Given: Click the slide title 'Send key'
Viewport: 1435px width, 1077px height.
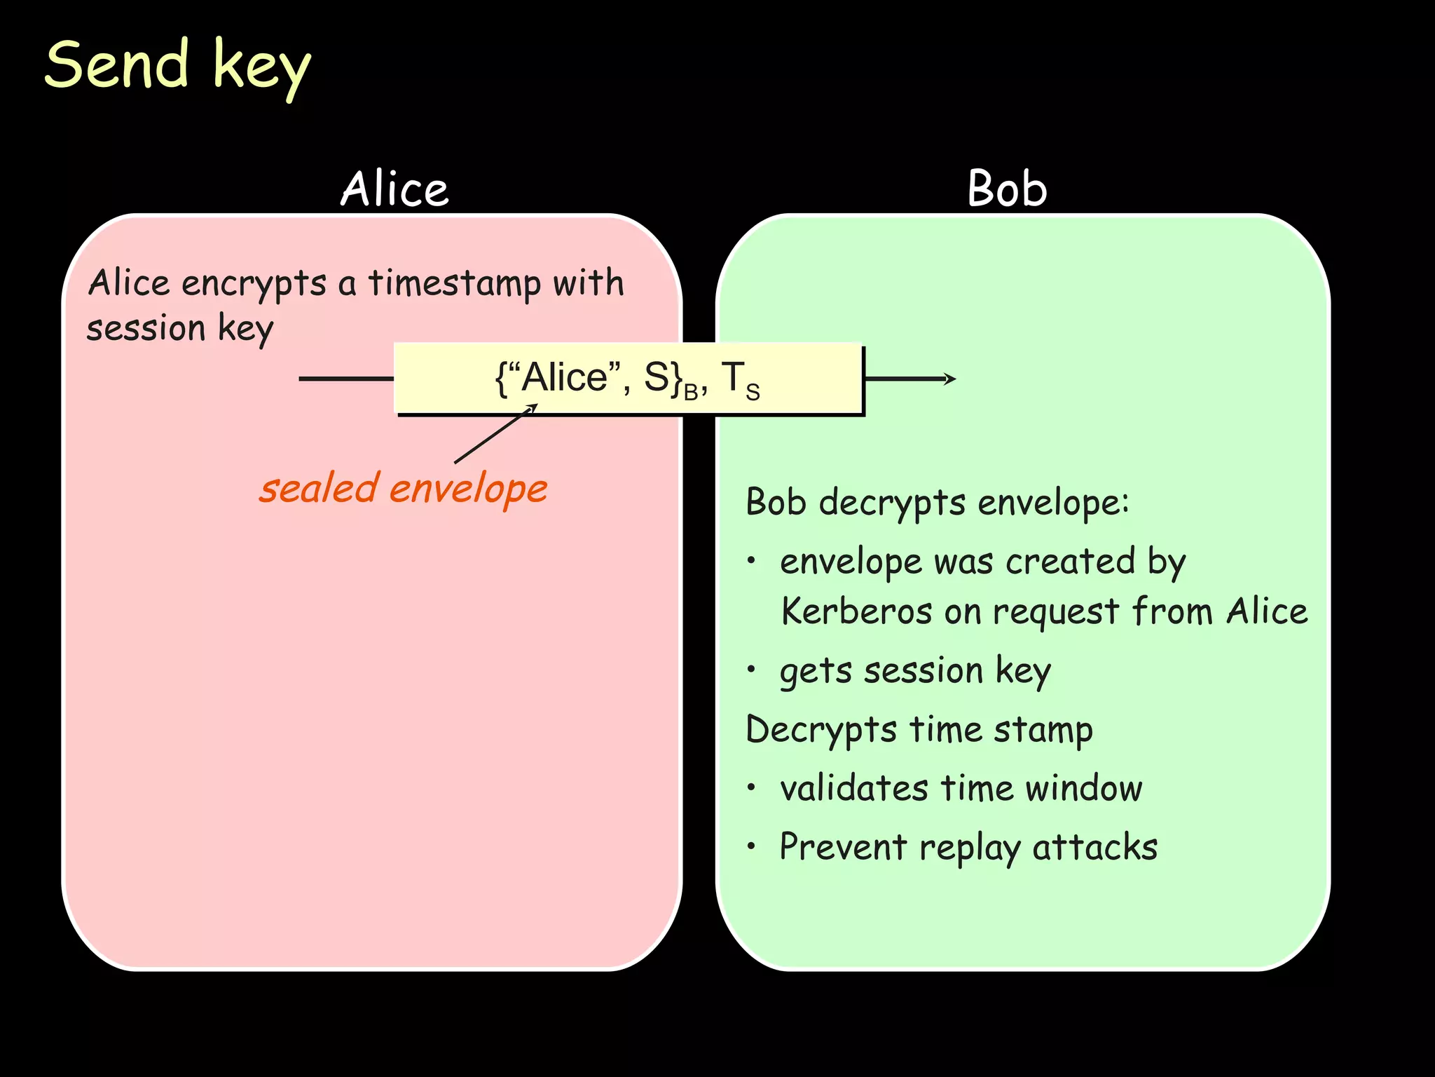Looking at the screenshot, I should click(177, 66).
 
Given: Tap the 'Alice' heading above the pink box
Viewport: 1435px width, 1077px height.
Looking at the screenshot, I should click(394, 189).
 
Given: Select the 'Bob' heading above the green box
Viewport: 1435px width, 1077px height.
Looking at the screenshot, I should click(1007, 189).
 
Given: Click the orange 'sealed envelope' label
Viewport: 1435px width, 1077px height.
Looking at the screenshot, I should click(403, 488).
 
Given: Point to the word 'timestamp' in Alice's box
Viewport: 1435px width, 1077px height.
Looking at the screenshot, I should click(455, 284).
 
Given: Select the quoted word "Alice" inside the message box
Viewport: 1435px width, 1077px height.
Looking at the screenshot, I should click(564, 377).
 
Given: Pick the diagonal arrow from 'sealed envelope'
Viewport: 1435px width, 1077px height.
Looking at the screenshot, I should click(495, 434).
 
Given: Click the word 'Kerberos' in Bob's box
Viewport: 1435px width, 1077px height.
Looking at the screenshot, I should click(856, 611).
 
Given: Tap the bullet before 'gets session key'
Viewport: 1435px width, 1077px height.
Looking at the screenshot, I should click(751, 670).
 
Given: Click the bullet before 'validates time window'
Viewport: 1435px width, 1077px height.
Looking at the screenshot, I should click(751, 787).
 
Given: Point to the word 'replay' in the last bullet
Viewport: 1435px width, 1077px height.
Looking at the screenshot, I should click(970, 848).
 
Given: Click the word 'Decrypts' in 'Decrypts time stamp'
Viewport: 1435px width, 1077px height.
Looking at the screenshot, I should click(821, 731).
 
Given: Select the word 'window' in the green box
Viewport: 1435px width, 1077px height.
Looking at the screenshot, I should click(1083, 788).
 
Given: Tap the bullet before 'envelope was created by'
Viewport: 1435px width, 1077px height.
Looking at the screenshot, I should click(751, 561).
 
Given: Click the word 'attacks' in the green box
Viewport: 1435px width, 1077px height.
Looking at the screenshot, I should click(1094, 847).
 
